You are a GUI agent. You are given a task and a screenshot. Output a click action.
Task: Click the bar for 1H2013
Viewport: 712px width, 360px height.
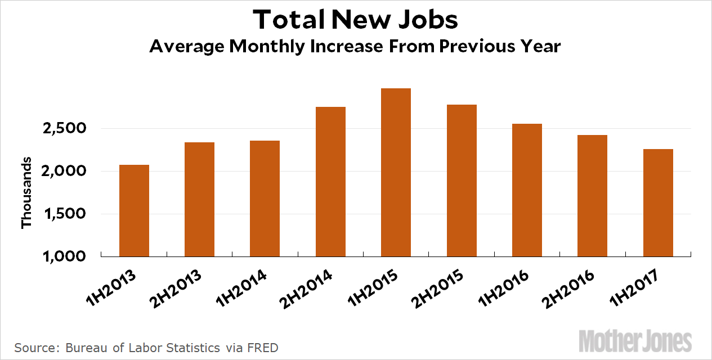pos(134,210)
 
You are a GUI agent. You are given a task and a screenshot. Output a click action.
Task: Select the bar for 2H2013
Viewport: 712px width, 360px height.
pos(199,199)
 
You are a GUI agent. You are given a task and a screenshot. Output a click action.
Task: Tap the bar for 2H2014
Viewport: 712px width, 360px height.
pos(330,181)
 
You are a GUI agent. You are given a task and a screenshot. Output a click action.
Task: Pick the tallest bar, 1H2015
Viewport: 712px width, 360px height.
pos(396,172)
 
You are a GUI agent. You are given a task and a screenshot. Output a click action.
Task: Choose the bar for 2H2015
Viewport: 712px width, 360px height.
pos(462,180)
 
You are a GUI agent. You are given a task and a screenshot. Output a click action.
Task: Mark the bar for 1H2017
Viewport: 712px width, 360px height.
pos(658,202)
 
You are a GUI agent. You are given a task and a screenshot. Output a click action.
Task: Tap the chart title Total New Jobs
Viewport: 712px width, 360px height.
pos(355,20)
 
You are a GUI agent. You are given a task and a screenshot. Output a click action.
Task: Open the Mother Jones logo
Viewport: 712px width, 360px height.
pos(635,341)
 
